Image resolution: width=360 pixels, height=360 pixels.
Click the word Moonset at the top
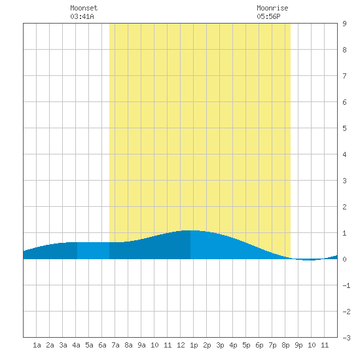84,8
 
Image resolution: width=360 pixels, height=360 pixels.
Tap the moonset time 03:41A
82,16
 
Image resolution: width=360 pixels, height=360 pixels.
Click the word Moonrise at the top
272,8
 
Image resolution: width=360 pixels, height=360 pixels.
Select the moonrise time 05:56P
268,16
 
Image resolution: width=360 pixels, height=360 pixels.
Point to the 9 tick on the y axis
344,24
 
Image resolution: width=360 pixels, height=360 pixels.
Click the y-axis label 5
344,128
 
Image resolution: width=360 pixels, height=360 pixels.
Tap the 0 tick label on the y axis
344,259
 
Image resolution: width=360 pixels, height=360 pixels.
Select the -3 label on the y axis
346,338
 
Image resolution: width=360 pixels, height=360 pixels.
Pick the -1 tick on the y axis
346,285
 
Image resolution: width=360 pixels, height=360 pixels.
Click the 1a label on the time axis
37,345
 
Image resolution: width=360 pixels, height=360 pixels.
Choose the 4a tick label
76,345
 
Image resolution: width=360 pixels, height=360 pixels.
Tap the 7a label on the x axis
115,345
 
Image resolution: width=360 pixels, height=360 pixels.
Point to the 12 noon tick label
181,345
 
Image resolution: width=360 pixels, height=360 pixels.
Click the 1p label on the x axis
194,345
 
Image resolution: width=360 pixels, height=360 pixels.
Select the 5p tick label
246,345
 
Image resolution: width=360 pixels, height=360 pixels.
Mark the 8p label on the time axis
285,345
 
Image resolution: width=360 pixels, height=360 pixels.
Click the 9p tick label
298,345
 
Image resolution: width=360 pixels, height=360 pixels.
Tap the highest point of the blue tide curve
190,230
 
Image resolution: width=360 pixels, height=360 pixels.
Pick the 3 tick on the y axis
344,181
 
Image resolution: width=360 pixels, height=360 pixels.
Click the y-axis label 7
344,76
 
